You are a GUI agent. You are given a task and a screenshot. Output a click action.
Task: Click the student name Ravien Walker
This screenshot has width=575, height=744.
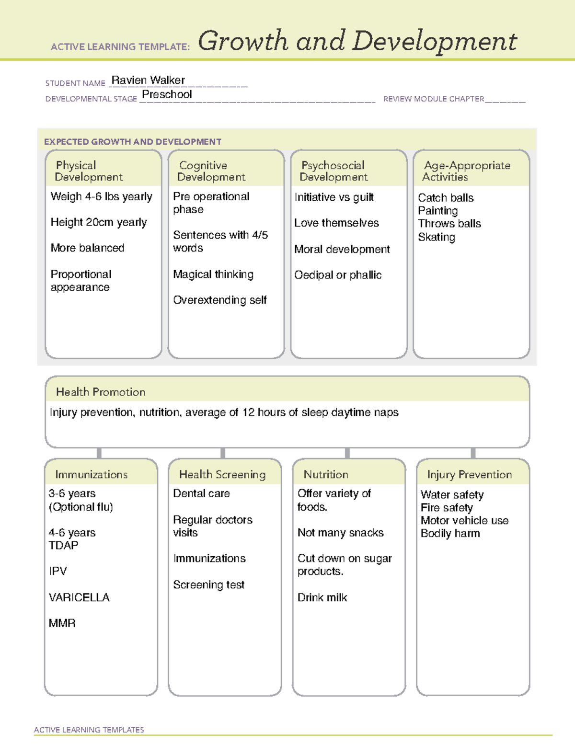click(148, 80)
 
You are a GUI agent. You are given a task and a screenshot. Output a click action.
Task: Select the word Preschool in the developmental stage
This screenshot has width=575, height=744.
click(167, 94)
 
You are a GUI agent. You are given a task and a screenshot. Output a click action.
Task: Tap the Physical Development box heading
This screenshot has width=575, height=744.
click(89, 171)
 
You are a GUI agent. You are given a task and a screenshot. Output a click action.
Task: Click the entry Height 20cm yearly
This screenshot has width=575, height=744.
click(99, 222)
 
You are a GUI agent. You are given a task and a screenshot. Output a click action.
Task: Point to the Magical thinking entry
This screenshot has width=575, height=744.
click(213, 275)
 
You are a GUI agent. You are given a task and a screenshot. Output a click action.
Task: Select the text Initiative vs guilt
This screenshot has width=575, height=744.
click(334, 197)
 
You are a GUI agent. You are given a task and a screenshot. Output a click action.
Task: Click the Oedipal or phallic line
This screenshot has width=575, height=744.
click(338, 275)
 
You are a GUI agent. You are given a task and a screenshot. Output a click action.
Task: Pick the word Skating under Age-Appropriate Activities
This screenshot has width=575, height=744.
click(437, 237)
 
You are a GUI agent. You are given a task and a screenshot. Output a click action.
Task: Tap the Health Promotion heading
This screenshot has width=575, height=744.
click(101, 392)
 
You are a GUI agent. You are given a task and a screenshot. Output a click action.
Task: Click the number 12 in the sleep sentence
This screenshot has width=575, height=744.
click(248, 412)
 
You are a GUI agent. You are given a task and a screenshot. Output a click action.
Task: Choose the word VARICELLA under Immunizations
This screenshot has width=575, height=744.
click(79, 597)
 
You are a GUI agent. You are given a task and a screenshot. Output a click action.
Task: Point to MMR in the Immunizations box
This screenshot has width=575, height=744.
click(62, 623)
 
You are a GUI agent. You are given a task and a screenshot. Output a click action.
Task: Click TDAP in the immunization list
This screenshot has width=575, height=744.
click(63, 545)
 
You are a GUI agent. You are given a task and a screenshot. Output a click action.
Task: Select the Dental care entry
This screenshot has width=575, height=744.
click(201, 493)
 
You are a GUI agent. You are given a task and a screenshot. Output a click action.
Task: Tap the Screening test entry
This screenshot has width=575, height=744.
click(209, 585)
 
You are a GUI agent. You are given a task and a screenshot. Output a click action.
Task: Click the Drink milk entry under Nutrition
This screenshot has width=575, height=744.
click(322, 597)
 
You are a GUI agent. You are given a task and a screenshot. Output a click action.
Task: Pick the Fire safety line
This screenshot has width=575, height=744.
click(447, 507)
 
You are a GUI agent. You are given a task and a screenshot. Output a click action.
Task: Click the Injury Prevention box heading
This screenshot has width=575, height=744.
click(470, 474)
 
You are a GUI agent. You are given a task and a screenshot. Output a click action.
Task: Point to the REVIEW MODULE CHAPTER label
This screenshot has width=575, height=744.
click(434, 99)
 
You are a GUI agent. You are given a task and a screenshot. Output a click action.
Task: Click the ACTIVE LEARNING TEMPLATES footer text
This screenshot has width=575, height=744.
click(89, 730)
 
